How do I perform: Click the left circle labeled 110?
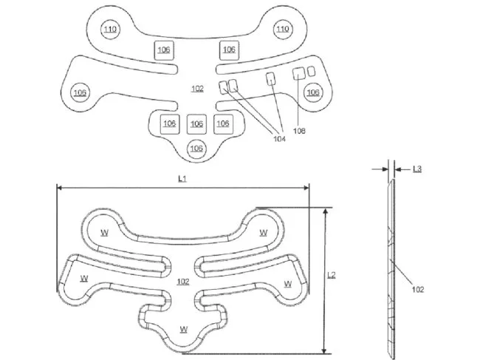tap(110, 30)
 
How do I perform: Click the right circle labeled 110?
tap(281, 30)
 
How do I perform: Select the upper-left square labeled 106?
tap(163, 50)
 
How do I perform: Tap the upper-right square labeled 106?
tap(229, 50)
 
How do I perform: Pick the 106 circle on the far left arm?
tap(80, 92)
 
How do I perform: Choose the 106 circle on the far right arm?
tap(313, 92)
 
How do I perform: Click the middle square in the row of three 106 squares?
tap(196, 123)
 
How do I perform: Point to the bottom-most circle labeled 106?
tap(196, 149)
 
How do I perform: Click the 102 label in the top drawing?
tap(197, 89)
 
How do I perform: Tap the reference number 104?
tap(279, 138)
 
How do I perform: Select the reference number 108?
tap(300, 132)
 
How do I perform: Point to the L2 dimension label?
tap(332, 275)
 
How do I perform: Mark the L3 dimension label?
tap(417, 170)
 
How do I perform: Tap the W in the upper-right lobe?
tap(264, 232)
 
